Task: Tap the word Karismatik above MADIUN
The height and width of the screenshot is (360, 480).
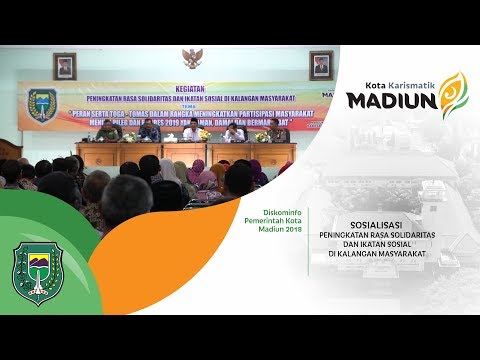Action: pyautogui.click(x=404, y=79)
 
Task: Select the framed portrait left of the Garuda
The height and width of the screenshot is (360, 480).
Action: pyautogui.click(x=64, y=67)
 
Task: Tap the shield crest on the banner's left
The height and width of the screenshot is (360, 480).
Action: pyautogui.click(x=42, y=104)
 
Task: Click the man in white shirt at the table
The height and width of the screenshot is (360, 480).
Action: pyautogui.click(x=191, y=132)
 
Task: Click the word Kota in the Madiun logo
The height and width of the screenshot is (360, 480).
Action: pyautogui.click(x=362, y=79)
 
